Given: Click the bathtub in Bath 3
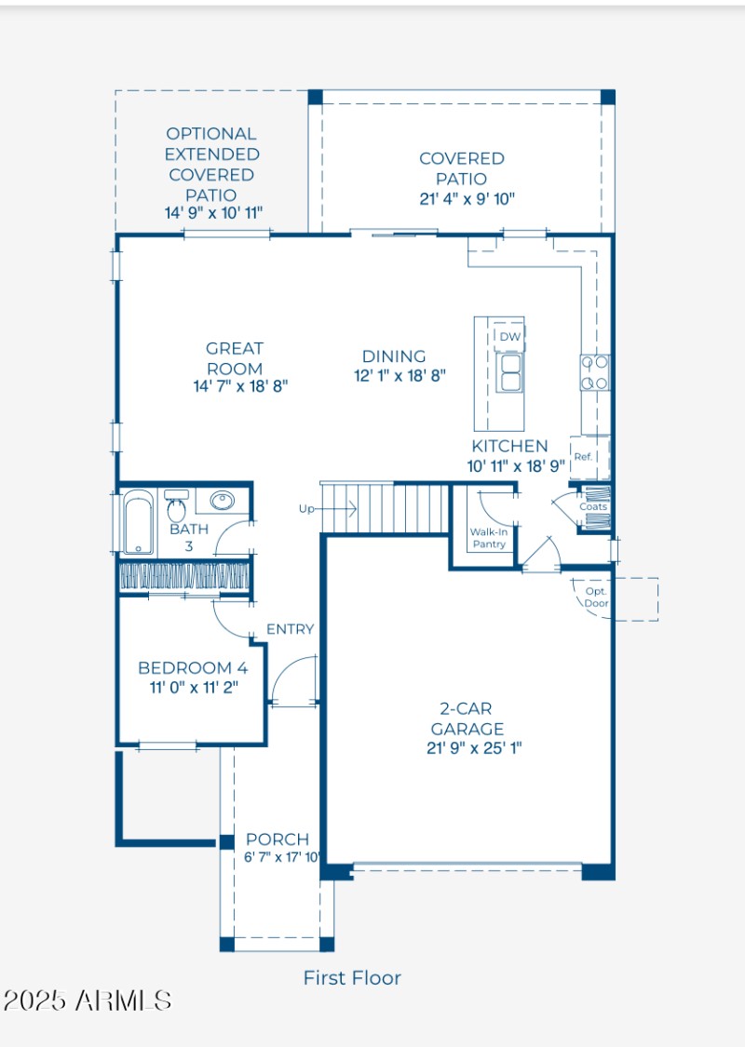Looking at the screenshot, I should coord(138,523).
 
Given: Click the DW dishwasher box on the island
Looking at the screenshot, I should coord(509,336).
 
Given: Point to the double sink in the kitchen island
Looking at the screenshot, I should coord(509,372).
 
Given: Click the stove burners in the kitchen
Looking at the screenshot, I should coord(595,372).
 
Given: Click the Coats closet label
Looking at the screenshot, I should coord(593,507).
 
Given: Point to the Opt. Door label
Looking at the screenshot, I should coord(595,597).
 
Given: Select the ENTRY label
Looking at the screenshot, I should coord(290,629).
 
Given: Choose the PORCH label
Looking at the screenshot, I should coord(278,839).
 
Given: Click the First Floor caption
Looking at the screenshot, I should coord(352,978).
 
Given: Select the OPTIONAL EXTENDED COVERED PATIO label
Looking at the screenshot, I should coord(211,164).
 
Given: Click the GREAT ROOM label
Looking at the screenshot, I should coord(235,358).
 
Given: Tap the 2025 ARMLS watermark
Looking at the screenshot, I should coord(88,1001).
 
